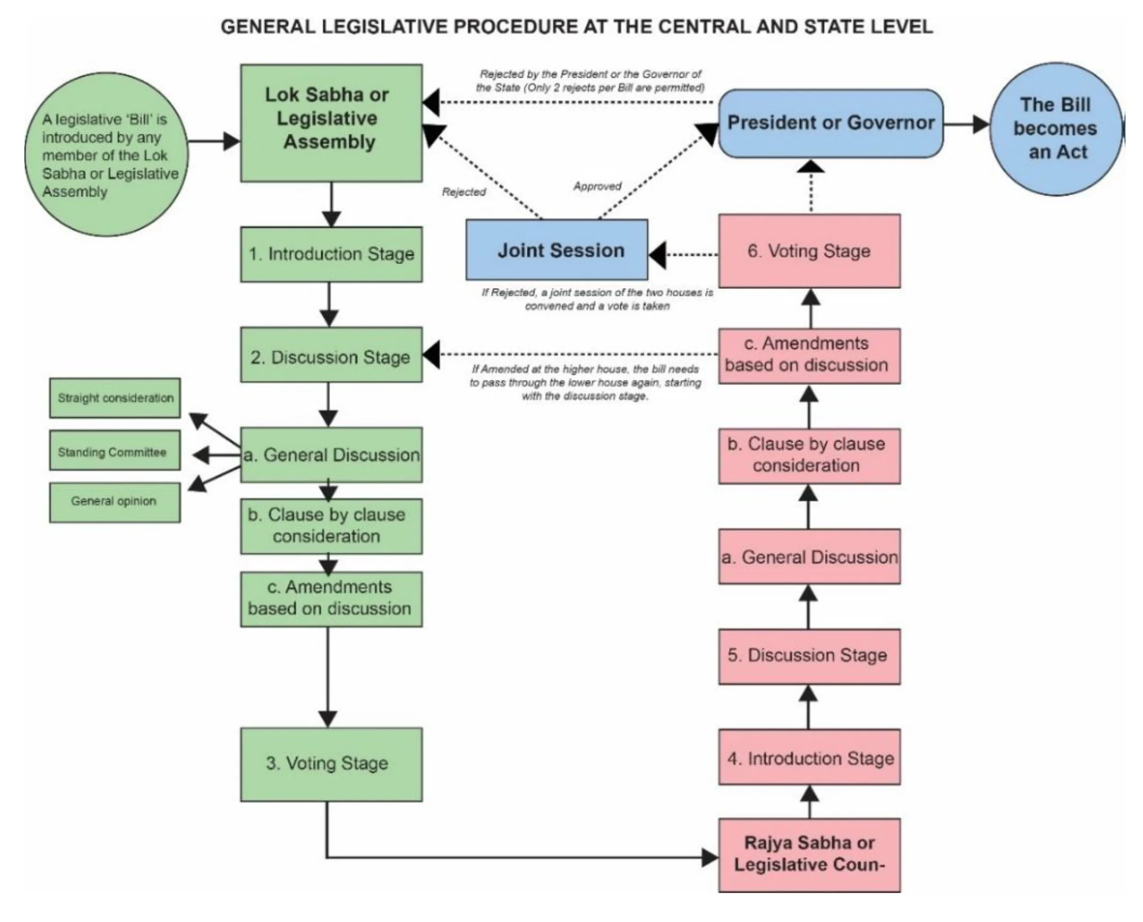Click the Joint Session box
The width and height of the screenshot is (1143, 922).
tap(557, 250)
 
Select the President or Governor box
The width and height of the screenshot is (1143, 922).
tap(831, 123)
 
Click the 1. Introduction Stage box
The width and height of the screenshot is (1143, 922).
tap(331, 254)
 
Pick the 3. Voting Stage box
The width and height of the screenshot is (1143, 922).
tap(331, 764)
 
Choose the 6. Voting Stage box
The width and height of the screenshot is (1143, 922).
tap(809, 251)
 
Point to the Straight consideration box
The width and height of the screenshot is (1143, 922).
tap(115, 398)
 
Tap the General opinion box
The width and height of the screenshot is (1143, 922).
tap(115, 502)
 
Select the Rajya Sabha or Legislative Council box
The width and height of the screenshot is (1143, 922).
tap(809, 854)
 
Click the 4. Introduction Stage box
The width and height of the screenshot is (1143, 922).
tap(809, 757)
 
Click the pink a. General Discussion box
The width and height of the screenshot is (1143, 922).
tap(809, 557)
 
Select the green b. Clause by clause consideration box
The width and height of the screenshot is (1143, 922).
tap(331, 526)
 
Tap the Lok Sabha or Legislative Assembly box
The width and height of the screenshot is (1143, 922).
tap(331, 123)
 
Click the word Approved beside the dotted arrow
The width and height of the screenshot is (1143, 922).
tap(597, 186)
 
